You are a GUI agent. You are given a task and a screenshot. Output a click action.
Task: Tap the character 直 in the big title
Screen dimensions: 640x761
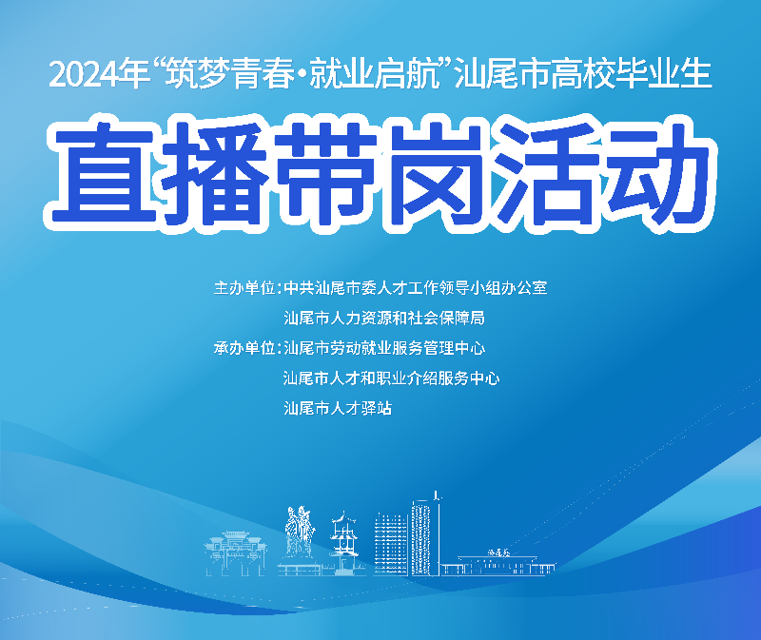[x=103, y=172]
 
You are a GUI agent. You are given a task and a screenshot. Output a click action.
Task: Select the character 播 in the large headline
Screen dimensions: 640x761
[x=211, y=172]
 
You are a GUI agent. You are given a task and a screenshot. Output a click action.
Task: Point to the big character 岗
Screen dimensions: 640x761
[x=434, y=172]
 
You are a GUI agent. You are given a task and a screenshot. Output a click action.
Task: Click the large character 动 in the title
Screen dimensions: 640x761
[x=653, y=172]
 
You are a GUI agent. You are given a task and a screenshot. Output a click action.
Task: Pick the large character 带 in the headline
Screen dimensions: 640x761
[x=322, y=172]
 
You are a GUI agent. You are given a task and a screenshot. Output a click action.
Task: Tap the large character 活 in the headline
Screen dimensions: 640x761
[x=544, y=172]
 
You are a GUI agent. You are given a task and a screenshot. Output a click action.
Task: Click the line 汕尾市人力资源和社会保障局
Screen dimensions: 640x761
[x=384, y=318]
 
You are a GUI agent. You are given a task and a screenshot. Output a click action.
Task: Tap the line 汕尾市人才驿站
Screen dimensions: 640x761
[x=338, y=409]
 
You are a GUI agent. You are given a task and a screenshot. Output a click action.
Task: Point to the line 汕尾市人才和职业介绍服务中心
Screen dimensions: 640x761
[x=391, y=378]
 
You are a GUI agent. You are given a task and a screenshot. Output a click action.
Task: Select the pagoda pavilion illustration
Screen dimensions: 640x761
[x=341, y=547]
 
